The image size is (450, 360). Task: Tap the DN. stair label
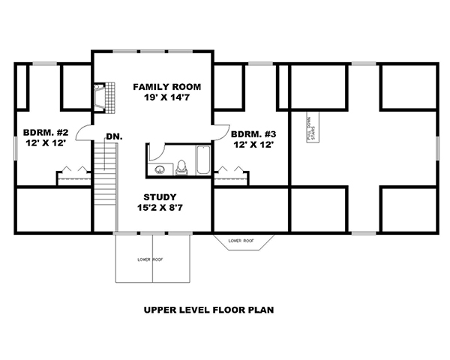114,136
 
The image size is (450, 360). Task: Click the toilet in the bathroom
181,167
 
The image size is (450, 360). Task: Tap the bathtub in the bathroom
203,160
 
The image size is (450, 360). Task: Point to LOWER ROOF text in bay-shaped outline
241,241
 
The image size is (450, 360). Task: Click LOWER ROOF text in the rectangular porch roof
150,259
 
